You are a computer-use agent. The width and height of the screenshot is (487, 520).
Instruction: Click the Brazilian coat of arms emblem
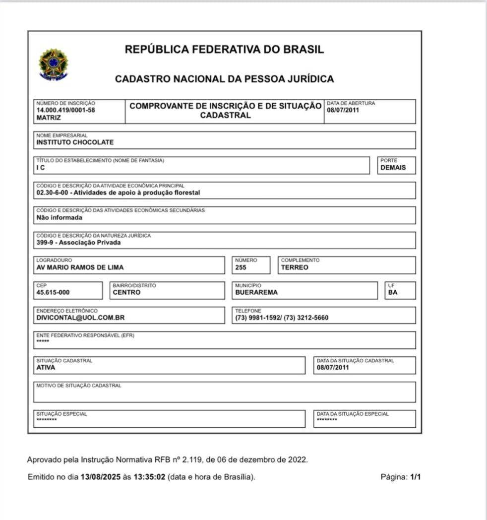[54, 64]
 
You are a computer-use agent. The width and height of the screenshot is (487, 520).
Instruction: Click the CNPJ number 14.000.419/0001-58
[65, 110]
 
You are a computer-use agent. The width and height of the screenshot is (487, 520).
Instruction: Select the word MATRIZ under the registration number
[48, 118]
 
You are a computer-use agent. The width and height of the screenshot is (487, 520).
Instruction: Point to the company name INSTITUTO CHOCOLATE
[75, 142]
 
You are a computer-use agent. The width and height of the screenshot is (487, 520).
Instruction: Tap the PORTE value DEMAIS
[393, 168]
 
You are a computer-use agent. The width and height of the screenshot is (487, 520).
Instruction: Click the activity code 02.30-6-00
[51, 193]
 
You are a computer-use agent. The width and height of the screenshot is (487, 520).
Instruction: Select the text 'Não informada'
[59, 217]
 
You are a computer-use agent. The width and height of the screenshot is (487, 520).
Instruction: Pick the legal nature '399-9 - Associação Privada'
[78, 243]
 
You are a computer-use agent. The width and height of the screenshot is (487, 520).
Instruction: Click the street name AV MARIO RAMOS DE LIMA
[80, 267]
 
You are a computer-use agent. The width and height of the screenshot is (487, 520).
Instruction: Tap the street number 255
[241, 267]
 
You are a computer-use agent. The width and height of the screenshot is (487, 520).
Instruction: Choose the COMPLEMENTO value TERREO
[295, 267]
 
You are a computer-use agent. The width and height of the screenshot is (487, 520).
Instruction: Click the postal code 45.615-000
[56, 292]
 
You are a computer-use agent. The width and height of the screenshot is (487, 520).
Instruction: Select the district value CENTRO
[126, 292]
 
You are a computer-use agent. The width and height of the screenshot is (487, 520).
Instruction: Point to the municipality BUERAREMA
[256, 292]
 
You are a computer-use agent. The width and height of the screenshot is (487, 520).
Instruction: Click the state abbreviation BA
[393, 292]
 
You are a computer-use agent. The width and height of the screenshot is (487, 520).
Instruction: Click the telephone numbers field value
[282, 318]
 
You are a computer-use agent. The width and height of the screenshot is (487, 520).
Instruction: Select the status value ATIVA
[46, 368]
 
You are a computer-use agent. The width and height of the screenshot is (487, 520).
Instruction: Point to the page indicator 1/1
[415, 477]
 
